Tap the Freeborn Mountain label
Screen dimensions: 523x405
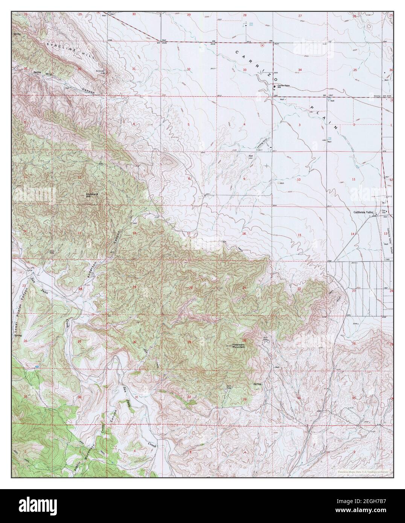tap(238, 346)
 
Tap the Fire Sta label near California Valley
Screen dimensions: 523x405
tap(384, 211)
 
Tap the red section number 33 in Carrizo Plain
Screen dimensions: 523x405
tap(245, 70)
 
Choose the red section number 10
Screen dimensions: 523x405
tap(299, 180)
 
